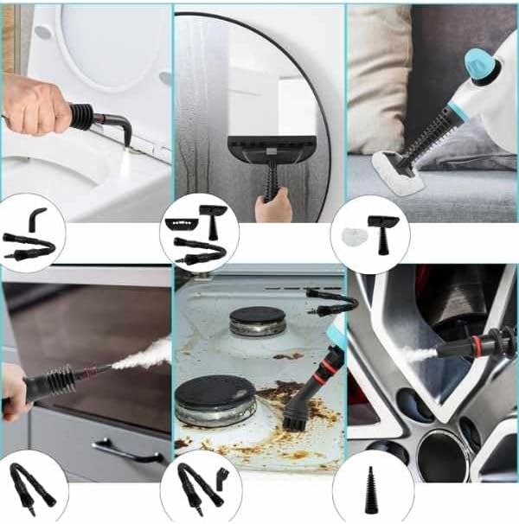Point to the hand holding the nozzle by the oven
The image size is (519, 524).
15,390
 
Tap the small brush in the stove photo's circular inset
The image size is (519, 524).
224,474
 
